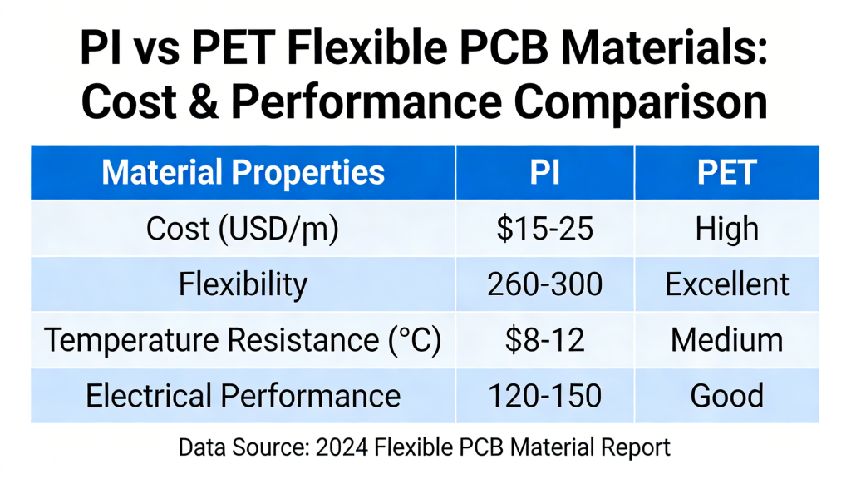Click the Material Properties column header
click(x=243, y=173)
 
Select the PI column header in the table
click(x=544, y=173)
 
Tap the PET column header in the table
click(x=726, y=173)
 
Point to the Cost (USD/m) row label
click(x=243, y=229)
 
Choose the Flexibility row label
click(x=243, y=284)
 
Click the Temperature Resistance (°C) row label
click(x=243, y=340)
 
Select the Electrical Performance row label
click(x=243, y=396)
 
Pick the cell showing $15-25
click(x=544, y=229)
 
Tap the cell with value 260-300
click(x=544, y=284)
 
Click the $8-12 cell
click(x=544, y=340)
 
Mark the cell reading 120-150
click(x=544, y=396)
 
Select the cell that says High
click(x=726, y=229)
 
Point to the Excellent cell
click(x=726, y=284)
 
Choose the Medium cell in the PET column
click(x=726, y=340)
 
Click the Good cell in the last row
click(x=726, y=396)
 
